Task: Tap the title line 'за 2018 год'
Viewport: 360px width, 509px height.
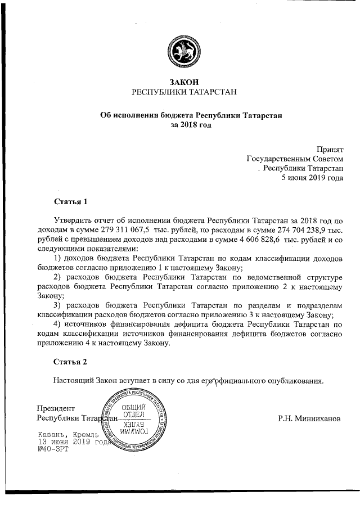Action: (191, 125)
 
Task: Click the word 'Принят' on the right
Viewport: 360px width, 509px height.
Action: (329, 149)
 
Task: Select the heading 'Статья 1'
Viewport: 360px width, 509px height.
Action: (71, 201)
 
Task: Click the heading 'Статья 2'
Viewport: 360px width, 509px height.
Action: (71, 361)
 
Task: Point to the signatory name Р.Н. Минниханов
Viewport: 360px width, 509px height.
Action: (309, 418)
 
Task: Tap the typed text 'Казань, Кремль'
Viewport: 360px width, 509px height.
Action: (67, 435)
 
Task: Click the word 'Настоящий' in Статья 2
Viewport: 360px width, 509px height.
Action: (74, 380)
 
